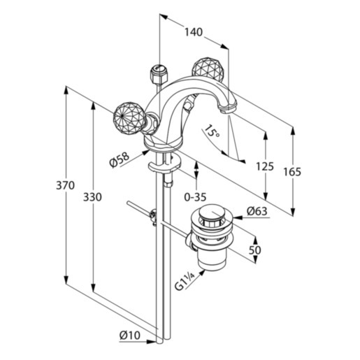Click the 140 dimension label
(x=194, y=32)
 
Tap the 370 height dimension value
(x=65, y=185)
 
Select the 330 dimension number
(x=92, y=197)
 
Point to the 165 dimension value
(x=292, y=172)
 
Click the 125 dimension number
(x=265, y=166)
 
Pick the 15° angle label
(x=212, y=132)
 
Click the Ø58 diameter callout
(x=119, y=159)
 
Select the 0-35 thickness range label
(x=195, y=197)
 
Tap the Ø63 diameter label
(x=257, y=211)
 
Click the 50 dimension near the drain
(x=254, y=250)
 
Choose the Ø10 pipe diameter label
(x=130, y=336)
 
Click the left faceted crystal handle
(x=127, y=118)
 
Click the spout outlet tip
(x=227, y=110)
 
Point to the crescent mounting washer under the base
(x=164, y=164)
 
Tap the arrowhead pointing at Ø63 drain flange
(x=238, y=217)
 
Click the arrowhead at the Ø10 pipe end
(x=151, y=342)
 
